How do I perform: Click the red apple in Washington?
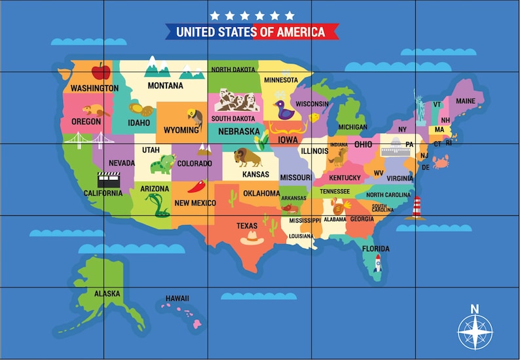[100, 71]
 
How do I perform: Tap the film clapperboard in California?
[107, 179]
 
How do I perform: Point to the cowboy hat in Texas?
[251, 239]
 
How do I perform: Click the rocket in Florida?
[377, 263]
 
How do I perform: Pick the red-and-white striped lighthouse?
[417, 207]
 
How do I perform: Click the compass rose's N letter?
[475, 309]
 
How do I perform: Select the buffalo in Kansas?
[248, 158]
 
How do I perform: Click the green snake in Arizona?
[157, 205]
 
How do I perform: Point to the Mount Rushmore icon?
[236, 100]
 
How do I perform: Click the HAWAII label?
[177, 298]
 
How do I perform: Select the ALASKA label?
[107, 293]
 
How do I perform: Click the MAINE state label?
[466, 101]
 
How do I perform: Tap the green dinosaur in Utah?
[162, 164]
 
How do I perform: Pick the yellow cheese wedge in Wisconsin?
[315, 118]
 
